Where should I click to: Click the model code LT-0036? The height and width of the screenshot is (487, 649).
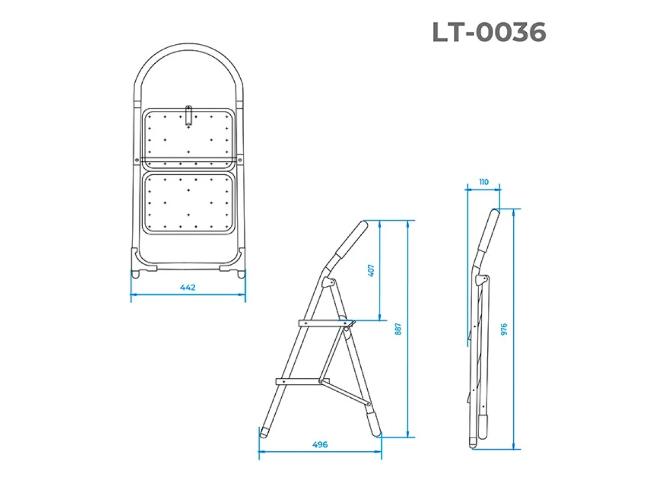click(x=489, y=33)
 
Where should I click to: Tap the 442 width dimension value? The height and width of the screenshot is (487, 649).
click(x=188, y=287)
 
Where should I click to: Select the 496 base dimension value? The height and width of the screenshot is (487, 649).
click(x=320, y=445)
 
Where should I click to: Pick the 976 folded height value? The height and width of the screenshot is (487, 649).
click(x=504, y=329)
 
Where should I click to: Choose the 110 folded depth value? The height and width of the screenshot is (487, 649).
click(x=483, y=182)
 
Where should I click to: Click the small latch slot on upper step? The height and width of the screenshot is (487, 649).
click(x=188, y=115)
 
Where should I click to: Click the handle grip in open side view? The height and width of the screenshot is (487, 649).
click(x=350, y=240)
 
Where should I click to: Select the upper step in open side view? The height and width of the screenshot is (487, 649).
click(x=325, y=323)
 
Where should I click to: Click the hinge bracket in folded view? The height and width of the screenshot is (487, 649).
click(x=481, y=281)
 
